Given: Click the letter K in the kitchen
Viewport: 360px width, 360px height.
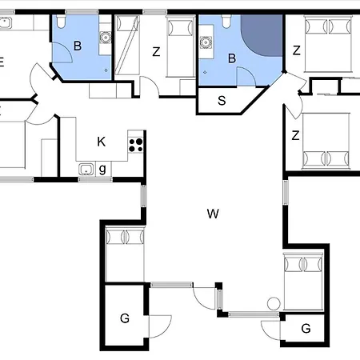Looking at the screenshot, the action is coord(102,142).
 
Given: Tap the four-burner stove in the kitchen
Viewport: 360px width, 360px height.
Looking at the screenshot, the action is coord(136,145).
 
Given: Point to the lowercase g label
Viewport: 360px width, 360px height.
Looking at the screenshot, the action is coord(102,169).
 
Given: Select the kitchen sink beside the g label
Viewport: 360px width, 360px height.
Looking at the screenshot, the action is coord(86,169).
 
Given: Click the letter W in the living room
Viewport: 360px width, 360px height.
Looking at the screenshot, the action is coord(213,214).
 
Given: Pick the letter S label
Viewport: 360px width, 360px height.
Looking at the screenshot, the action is coord(222,101).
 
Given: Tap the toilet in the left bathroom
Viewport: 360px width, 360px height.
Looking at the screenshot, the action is coord(61,22).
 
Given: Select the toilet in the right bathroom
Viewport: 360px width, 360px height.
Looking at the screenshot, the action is coord(226,22).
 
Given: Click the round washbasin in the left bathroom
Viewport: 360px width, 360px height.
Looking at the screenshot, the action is coord(106,38).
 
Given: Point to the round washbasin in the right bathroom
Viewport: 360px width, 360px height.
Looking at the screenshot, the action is coord(206,42).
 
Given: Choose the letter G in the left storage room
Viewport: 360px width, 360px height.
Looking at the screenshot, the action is coord(125,318).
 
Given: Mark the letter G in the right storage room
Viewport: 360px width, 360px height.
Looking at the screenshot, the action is coord(306,329).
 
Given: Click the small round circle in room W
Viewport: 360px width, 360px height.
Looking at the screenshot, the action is coord(274,304).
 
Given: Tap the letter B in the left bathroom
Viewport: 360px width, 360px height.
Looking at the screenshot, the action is coord(78,46).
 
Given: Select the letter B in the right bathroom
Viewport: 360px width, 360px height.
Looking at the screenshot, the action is coord(232,58).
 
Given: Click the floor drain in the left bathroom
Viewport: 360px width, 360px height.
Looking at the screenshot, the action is coord(106,70).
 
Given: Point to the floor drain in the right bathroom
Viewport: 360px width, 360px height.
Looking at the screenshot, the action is coord(205,72).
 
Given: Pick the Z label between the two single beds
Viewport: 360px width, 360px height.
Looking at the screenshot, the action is coord(156,52).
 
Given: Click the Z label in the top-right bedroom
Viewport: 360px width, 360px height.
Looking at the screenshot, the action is coord(297,50).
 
